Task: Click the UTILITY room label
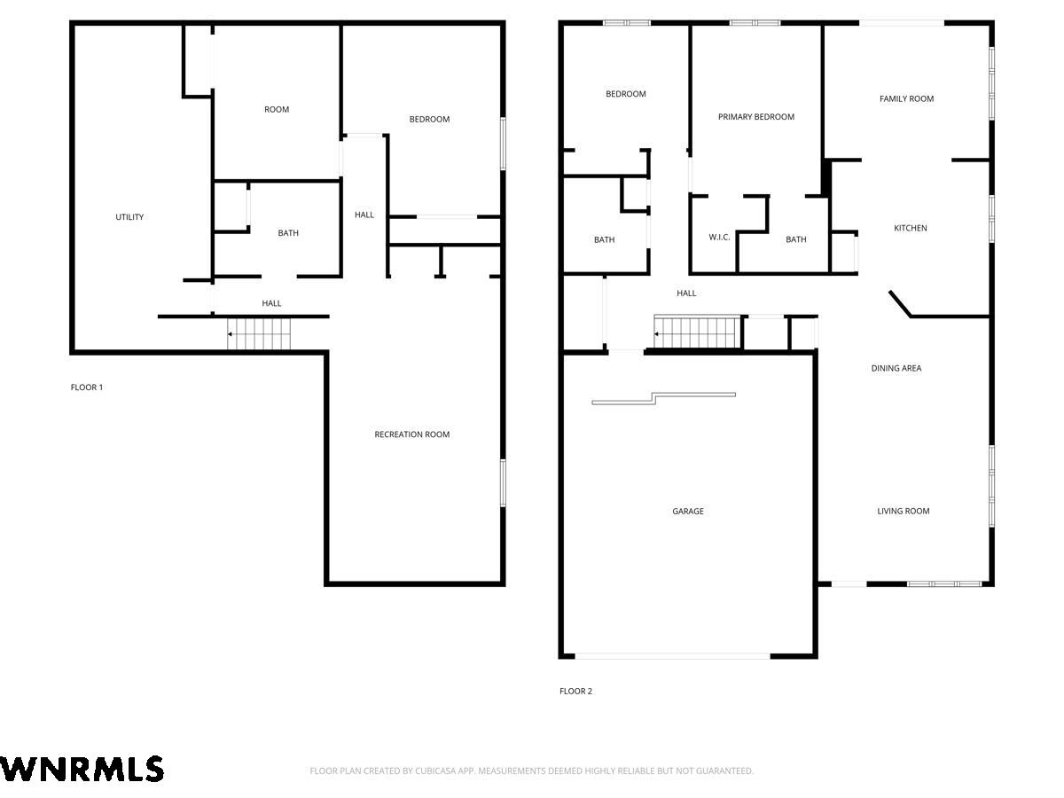tap(129, 217)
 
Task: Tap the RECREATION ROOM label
tap(411, 434)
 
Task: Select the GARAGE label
tap(687, 512)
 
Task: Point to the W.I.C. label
tap(719, 237)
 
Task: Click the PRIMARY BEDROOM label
tap(755, 117)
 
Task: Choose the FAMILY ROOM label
tap(906, 98)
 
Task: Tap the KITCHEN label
tap(910, 228)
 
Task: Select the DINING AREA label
tap(896, 368)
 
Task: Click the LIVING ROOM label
tap(903, 512)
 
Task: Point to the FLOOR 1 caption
tap(87, 387)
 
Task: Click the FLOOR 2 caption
tap(575, 692)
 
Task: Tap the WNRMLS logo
tap(82, 770)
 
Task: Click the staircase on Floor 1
tap(259, 334)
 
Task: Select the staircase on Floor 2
tap(697, 332)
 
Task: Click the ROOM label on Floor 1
tap(277, 109)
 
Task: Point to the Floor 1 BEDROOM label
tap(429, 119)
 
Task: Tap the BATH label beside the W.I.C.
tap(796, 239)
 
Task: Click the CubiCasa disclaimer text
tap(531, 771)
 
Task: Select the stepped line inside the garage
tap(663, 398)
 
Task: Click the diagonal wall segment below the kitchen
tap(900, 304)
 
